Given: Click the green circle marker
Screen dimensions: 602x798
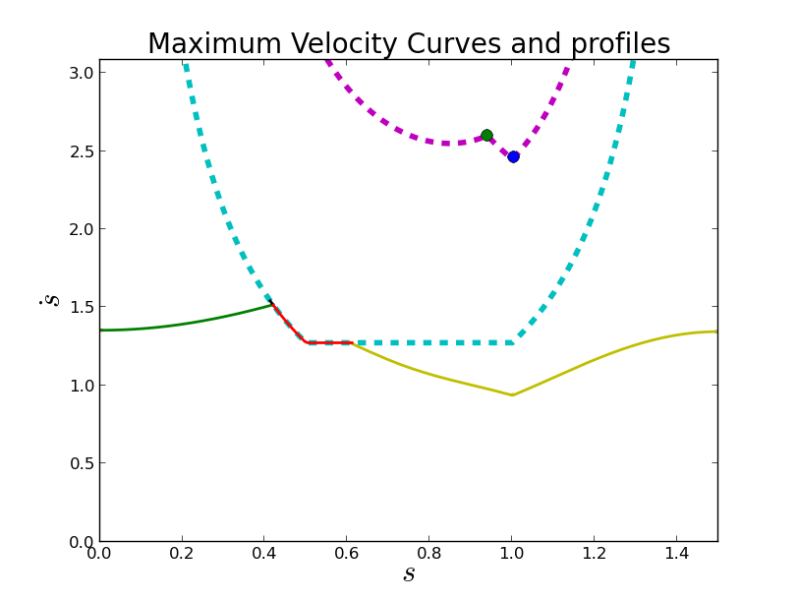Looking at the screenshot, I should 486,136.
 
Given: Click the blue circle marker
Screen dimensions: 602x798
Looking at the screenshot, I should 513,156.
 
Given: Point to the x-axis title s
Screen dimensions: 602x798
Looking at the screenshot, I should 409,574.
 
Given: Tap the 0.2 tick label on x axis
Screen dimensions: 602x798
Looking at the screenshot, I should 182,554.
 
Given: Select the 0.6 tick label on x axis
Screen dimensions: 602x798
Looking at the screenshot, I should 346,554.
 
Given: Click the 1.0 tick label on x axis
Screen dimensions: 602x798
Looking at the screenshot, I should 511,554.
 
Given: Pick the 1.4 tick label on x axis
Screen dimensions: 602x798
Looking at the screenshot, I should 676,554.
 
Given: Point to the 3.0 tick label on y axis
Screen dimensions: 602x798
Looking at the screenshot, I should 83,73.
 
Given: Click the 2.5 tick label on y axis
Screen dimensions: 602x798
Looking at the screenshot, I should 83,151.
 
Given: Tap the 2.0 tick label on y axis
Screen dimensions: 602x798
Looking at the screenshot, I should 83,229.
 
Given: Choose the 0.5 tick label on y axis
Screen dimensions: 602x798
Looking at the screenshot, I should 83,463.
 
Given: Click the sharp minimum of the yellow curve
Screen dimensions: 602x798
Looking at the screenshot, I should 512,395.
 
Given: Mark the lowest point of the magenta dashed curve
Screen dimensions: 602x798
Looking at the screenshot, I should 446,144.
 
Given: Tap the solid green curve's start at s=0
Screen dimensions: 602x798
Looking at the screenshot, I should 101,331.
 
